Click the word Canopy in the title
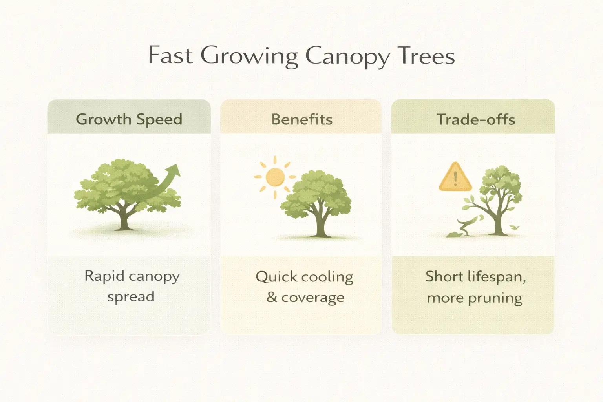[347, 56]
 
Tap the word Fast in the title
[170, 55]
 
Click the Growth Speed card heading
[129, 119]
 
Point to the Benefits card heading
[301, 119]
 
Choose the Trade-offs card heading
[476, 119]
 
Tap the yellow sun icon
[275, 177]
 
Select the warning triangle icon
[455, 178]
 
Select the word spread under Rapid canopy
[131, 297]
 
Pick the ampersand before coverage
[272, 297]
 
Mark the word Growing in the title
[249, 56]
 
